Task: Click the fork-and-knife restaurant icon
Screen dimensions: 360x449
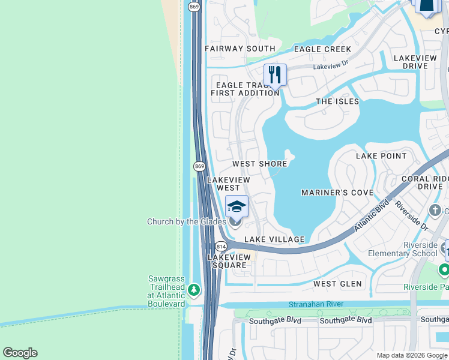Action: click(275, 74)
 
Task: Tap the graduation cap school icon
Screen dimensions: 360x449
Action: click(237, 206)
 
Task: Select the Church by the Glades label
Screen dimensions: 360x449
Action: click(187, 222)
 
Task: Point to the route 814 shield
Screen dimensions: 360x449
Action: click(221, 246)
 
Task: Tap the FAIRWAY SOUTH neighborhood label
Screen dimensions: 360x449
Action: click(240, 49)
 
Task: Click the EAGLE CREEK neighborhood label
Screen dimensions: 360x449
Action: click(322, 49)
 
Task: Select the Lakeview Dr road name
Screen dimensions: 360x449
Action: click(331, 64)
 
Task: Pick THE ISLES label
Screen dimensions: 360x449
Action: click(337, 101)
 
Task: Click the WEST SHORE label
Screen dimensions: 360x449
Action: click(259, 164)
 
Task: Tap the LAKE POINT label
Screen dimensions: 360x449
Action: click(381, 156)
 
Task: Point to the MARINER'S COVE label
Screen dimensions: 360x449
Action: click(337, 193)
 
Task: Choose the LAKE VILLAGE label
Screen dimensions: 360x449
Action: click(274, 239)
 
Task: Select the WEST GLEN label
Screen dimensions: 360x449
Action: click(338, 283)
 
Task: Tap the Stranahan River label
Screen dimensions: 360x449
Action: click(316, 304)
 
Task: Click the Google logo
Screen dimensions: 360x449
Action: click(20, 353)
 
